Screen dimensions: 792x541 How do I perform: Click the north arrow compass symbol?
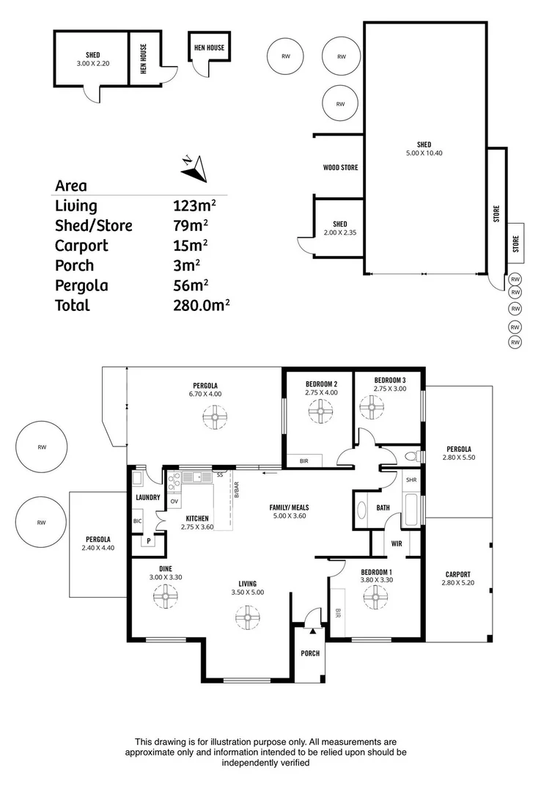[194, 169]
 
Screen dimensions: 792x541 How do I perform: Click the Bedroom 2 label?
[320, 384]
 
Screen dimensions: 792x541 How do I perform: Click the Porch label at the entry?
[310, 653]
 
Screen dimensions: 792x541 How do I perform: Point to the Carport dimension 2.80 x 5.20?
[457, 584]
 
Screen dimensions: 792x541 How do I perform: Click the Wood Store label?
[340, 168]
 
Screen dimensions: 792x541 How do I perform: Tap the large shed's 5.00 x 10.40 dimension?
[424, 153]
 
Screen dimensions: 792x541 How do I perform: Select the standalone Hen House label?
[209, 48]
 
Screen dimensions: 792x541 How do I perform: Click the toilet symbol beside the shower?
[411, 455]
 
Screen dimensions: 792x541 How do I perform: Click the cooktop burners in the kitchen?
[174, 481]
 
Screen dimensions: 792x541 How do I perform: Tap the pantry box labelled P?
[149, 542]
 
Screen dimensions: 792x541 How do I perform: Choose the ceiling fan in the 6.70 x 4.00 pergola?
[215, 418]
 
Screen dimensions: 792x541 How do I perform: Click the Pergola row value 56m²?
[194, 285]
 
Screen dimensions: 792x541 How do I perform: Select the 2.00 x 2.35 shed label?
[339, 233]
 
